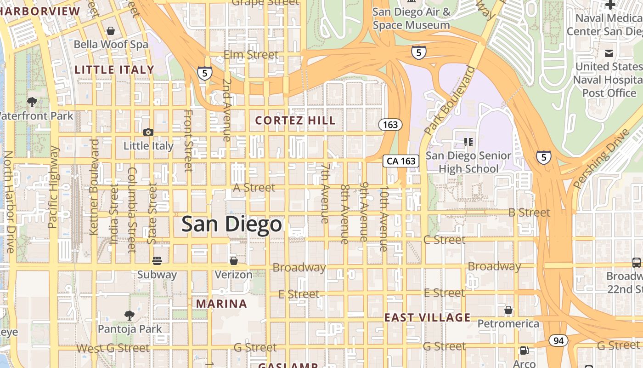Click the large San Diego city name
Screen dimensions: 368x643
(x=231, y=224)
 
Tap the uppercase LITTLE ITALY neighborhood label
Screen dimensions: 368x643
(x=114, y=70)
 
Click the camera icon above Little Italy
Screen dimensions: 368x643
(x=148, y=132)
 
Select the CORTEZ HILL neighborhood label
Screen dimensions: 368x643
(x=295, y=121)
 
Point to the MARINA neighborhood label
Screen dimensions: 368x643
(x=221, y=304)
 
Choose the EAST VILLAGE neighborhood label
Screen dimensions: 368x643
(x=427, y=317)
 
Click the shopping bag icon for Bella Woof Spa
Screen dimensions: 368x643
(x=110, y=31)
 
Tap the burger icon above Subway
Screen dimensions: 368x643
(x=157, y=261)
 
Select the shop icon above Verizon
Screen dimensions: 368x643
(x=233, y=261)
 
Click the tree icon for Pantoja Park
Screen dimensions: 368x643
(x=130, y=315)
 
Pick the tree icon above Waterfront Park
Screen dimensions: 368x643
(x=32, y=102)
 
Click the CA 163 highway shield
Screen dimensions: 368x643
(x=401, y=161)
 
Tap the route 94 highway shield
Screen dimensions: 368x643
(x=558, y=341)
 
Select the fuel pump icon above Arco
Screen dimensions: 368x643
(x=524, y=351)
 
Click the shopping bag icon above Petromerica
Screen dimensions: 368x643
(x=508, y=310)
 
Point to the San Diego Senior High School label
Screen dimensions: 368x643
(x=468, y=162)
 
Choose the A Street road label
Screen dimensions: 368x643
(x=254, y=188)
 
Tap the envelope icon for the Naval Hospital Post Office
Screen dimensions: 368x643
(x=609, y=53)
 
